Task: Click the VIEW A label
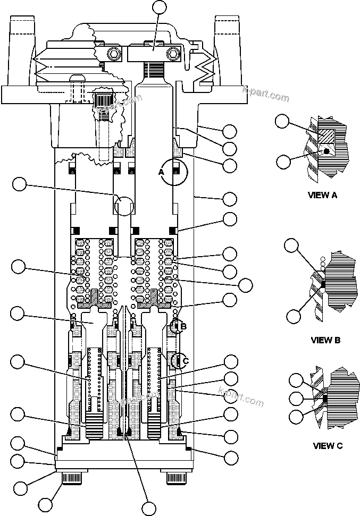[x=322, y=195]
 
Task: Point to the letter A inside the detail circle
[x=161, y=172]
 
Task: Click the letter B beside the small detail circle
[x=183, y=326]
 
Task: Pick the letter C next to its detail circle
[x=185, y=361]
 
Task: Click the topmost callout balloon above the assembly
[x=159, y=7]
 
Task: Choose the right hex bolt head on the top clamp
[x=173, y=54]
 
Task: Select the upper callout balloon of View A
[x=283, y=121]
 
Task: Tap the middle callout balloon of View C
[x=296, y=398]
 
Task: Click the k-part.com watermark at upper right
[x=265, y=96]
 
